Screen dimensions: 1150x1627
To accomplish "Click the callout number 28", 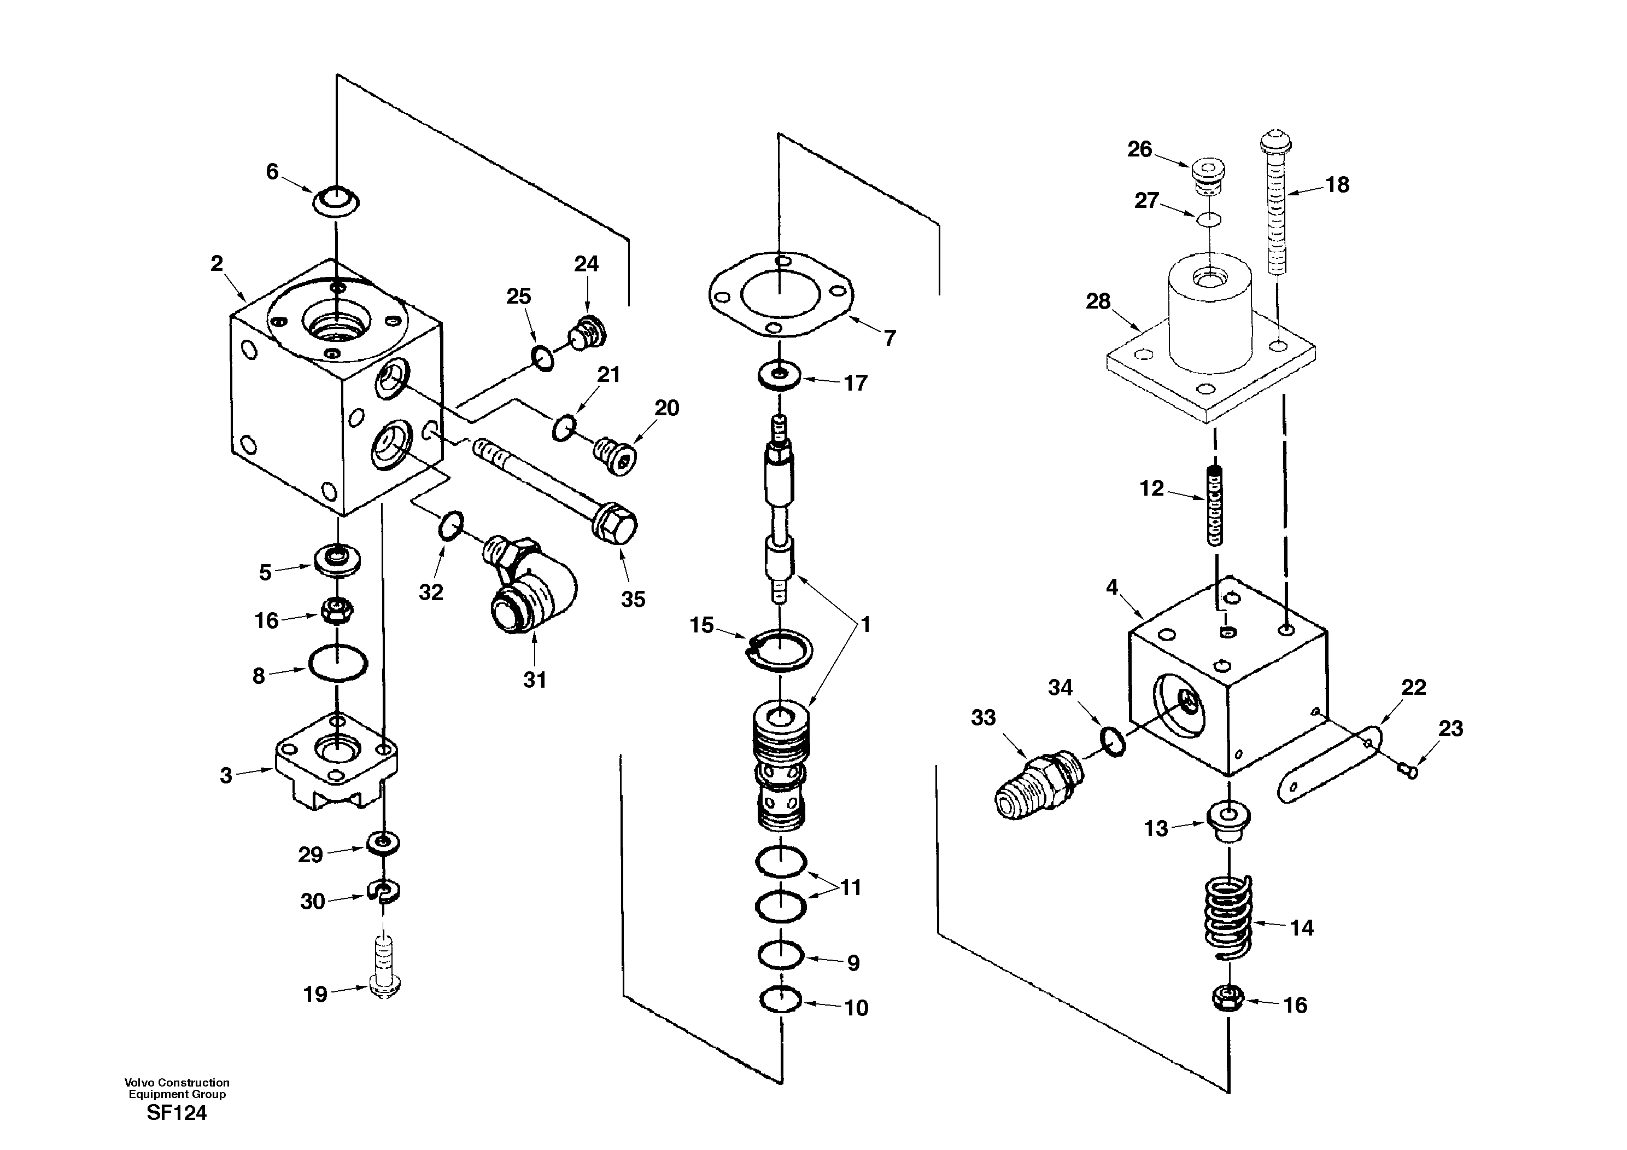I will coord(1098,302).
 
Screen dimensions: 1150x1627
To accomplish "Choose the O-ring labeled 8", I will coord(338,664).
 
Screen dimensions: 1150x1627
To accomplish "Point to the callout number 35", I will coord(633,599).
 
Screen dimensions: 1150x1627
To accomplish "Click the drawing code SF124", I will coord(177,1114).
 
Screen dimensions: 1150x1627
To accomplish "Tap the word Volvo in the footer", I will coord(139,1083).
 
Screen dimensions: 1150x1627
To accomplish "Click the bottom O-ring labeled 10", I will coord(780,1000).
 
